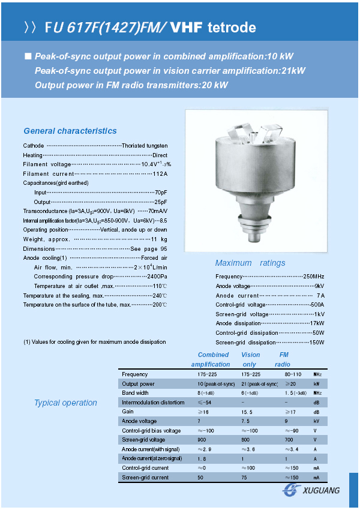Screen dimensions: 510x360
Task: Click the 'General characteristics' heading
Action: (x=70, y=131)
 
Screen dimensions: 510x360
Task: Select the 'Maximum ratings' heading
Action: (x=250, y=263)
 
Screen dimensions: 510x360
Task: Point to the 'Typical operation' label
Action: (x=65, y=403)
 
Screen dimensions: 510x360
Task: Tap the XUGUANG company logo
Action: (x=311, y=490)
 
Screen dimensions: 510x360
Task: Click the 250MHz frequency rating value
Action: (x=314, y=277)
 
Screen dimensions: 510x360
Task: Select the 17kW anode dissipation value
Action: (x=317, y=323)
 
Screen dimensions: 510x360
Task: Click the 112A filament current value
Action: (x=160, y=174)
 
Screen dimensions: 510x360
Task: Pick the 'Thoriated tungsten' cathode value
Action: (x=145, y=146)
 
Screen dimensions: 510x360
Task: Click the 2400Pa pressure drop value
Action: (x=157, y=277)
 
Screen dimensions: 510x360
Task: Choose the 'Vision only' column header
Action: (x=251, y=359)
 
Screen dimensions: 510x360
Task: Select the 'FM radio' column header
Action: (x=283, y=359)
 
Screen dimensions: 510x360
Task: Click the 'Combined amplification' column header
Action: (x=212, y=359)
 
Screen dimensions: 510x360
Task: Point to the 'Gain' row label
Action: (x=127, y=412)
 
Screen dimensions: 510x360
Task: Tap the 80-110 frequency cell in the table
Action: (x=293, y=374)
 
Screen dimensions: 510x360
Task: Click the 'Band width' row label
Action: (x=134, y=393)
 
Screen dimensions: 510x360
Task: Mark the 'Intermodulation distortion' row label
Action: (x=153, y=403)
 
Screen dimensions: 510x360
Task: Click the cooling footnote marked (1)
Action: (x=94, y=342)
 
